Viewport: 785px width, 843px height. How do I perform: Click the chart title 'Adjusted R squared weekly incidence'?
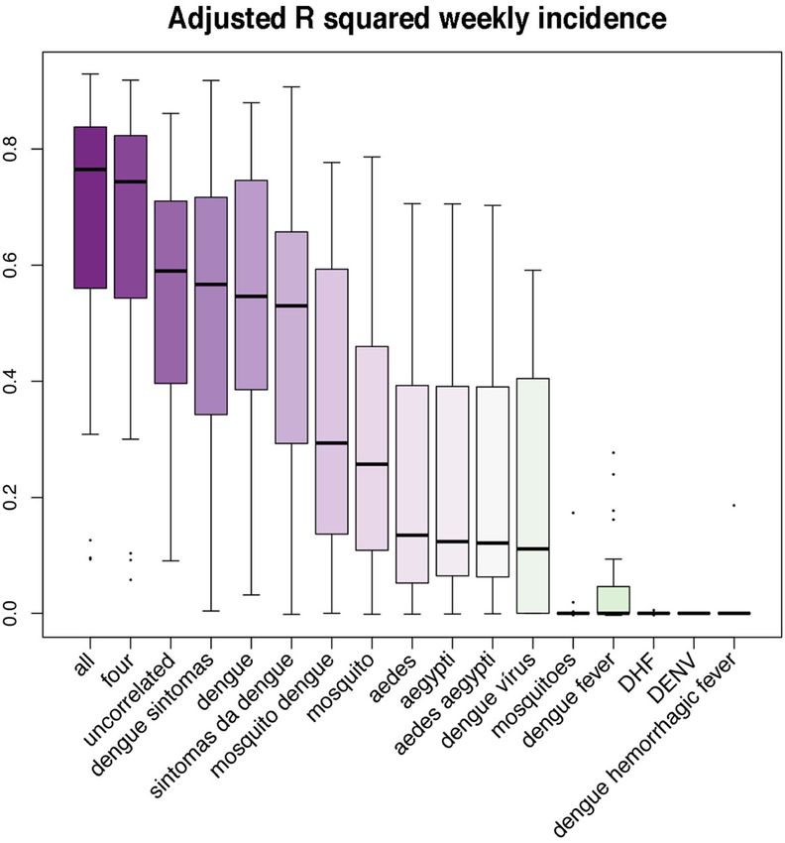pos(417,20)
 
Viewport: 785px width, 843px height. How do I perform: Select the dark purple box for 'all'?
pos(90,207)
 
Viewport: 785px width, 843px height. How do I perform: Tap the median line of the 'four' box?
pos(131,181)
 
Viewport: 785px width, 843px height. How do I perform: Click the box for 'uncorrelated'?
pos(170,292)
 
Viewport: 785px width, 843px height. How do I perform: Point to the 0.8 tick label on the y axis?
pos(10,149)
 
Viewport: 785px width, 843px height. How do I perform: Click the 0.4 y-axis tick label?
pos(10,381)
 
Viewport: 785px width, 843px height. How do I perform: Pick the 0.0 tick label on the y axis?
pos(10,614)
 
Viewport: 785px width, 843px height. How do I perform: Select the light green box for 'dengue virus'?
pos(533,496)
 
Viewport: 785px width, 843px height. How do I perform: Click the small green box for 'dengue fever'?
pos(614,599)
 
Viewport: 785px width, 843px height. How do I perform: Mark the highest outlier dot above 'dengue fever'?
pos(614,452)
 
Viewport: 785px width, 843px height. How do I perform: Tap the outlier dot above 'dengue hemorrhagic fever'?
pos(734,506)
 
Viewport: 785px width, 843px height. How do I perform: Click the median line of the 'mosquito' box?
pos(372,464)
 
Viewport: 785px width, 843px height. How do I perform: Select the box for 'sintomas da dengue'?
pos(291,337)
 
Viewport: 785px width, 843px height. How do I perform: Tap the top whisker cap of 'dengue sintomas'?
pos(211,80)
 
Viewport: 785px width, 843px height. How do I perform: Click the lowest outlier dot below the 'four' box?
pos(131,579)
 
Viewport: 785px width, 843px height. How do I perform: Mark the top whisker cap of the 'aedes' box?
pos(412,203)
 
